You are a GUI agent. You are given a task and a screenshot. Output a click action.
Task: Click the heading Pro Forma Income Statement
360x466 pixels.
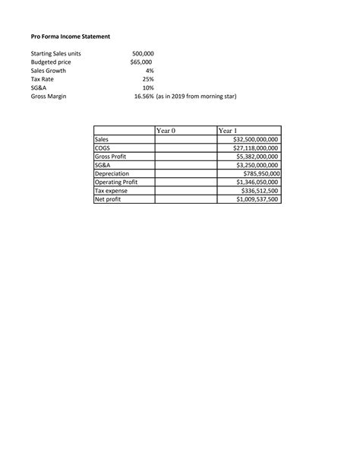coord(71,36)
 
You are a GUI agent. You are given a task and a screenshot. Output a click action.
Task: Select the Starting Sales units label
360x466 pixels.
coord(55,54)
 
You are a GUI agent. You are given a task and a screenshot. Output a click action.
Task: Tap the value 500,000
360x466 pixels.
coord(143,54)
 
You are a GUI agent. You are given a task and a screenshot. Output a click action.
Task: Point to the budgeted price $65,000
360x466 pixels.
coord(141,62)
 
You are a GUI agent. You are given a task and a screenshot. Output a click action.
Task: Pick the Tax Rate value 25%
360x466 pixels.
coord(148,79)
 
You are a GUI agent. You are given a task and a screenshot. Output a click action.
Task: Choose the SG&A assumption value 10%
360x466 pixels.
coord(148,87)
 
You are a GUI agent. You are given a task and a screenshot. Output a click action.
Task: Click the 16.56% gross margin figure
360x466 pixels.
coord(144,96)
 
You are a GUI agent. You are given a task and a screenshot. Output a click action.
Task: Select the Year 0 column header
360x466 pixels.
coord(165,131)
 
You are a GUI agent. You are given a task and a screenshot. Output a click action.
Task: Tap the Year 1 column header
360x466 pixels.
coord(228,131)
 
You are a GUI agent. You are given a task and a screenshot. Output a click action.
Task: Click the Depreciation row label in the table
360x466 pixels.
coord(112,174)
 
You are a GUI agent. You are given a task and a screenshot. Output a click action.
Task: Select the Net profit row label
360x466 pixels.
coord(109,200)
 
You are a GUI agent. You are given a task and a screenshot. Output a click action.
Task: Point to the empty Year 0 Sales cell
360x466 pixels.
coord(185,140)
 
